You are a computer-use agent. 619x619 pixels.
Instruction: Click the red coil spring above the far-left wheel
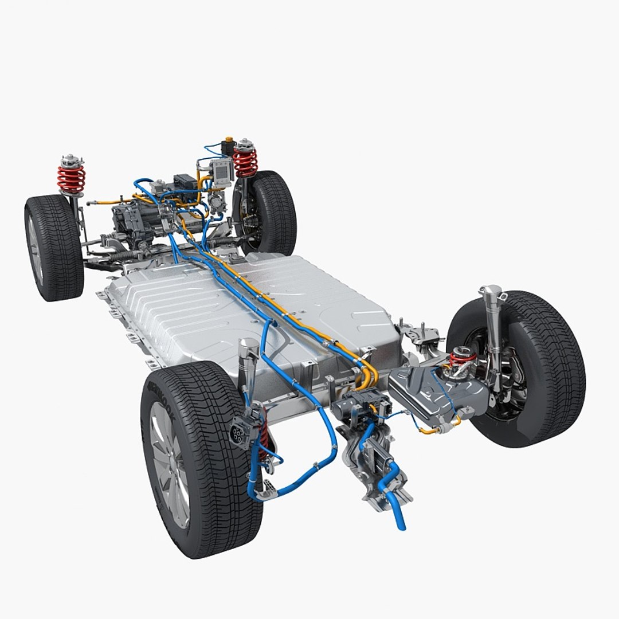click(71, 179)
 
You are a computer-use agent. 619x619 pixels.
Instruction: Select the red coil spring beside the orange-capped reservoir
click(245, 162)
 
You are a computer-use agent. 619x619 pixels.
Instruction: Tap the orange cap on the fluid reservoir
click(229, 139)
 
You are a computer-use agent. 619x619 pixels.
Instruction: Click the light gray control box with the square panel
click(221, 170)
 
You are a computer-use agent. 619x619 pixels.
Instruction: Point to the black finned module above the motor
click(185, 182)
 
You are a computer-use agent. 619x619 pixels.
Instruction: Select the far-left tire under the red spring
click(54, 246)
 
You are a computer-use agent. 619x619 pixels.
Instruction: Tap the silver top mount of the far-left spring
click(70, 160)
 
